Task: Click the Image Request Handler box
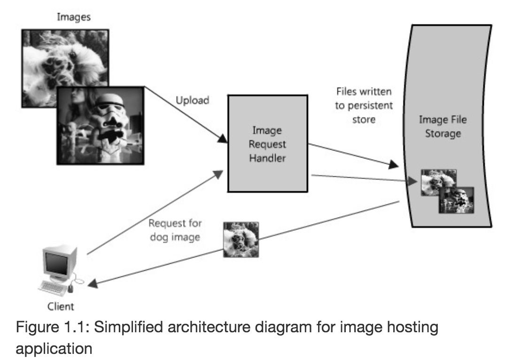[268, 143]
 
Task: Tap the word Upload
[192, 101]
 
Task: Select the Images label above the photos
[74, 17]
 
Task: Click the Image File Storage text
[443, 127]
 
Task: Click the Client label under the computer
[61, 307]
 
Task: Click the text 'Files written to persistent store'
[363, 105]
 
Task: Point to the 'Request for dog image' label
[175, 230]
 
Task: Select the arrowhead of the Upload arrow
[222, 139]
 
